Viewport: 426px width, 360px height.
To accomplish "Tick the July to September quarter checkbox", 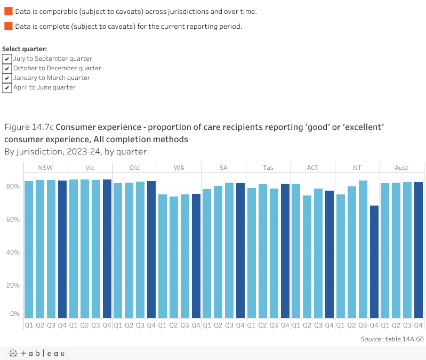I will pyautogui.click(x=7, y=59).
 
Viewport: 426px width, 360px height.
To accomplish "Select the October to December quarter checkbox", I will pyautogui.click(x=7, y=68).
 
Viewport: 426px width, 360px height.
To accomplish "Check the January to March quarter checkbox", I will pyautogui.click(x=7, y=78).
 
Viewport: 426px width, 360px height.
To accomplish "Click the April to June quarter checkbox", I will pyautogui.click(x=7, y=87).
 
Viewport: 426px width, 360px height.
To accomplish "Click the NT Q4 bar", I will pyautogui.click(x=374, y=261).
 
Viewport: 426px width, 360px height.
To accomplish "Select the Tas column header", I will pyautogui.click(x=268, y=168).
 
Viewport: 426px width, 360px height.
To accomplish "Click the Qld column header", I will pyautogui.click(x=134, y=168).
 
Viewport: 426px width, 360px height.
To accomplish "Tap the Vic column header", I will pyautogui.click(x=90, y=168).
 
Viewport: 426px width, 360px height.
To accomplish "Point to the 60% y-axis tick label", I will pyautogui.click(x=13, y=219).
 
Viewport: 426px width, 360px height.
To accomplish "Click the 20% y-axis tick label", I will pyautogui.click(x=13, y=285).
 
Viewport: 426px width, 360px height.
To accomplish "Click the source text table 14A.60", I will pyautogui.click(x=404, y=339).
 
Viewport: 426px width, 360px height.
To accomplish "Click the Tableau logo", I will pyautogui.click(x=36, y=353).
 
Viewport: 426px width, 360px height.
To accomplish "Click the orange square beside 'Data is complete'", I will pyautogui.click(x=8, y=26).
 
